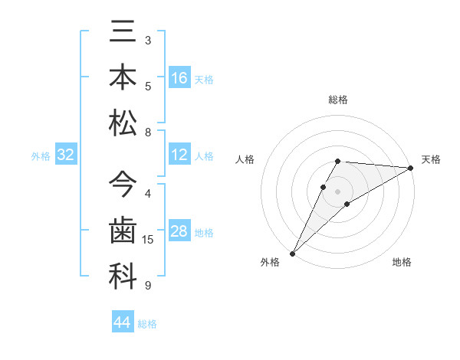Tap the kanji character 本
pyautogui.click(x=123, y=78)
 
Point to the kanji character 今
pyautogui.click(x=123, y=185)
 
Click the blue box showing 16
pyautogui.click(x=179, y=78)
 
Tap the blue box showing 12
pyautogui.click(x=179, y=155)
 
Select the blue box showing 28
pyautogui.click(x=179, y=232)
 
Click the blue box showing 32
pyautogui.click(x=66, y=155)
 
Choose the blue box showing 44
pyautogui.click(x=123, y=322)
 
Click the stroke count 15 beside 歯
pyautogui.click(x=148, y=240)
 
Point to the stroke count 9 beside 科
pyautogui.click(x=148, y=286)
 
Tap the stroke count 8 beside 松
pyautogui.click(x=148, y=133)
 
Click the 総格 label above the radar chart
pyautogui.click(x=338, y=100)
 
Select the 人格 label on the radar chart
pyautogui.click(x=245, y=159)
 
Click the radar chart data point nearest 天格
pyautogui.click(x=410, y=168)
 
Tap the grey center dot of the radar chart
pyautogui.click(x=338, y=191)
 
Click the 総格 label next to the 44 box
pyautogui.click(x=147, y=324)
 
